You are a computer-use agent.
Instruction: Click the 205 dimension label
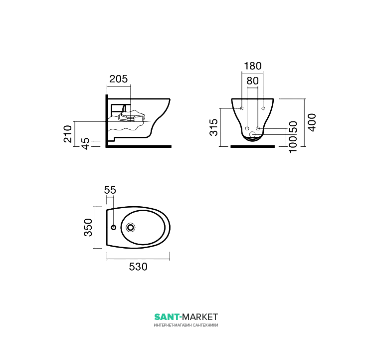point(118,79)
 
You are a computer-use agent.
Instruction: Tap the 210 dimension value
point(68,134)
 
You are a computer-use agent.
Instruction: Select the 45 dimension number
point(85,143)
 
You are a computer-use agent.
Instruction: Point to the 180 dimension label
point(253,66)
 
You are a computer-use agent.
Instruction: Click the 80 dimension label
point(252,81)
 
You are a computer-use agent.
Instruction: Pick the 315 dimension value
point(214,127)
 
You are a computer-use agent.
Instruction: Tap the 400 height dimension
point(312,122)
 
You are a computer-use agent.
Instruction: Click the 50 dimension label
point(293,127)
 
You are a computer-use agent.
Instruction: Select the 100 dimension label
point(293,144)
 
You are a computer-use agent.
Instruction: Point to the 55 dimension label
point(110,190)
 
